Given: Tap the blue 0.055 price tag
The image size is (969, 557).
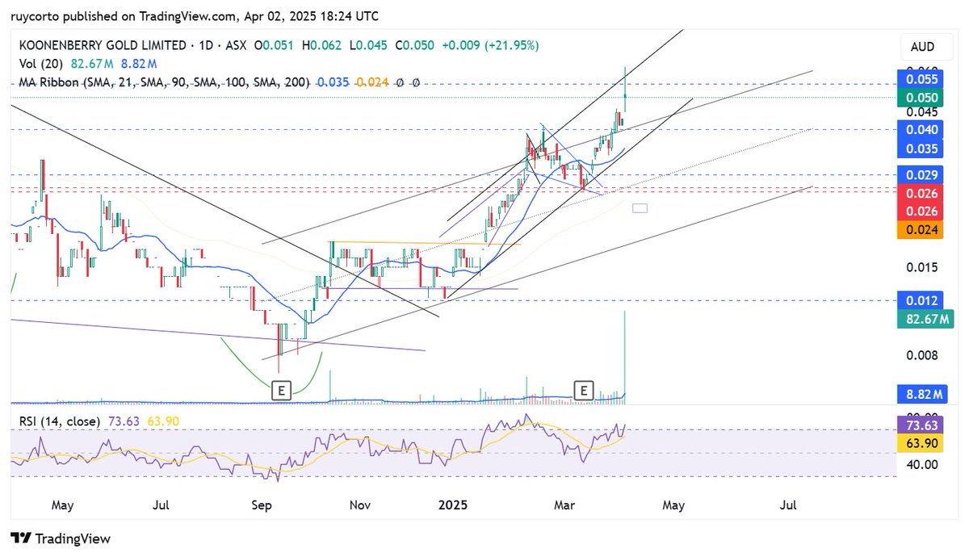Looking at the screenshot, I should click(x=922, y=79).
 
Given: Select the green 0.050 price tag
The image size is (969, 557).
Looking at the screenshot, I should click(x=922, y=97).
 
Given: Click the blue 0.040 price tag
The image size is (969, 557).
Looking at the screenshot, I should click(x=922, y=129).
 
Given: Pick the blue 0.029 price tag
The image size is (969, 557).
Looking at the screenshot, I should click(x=922, y=175).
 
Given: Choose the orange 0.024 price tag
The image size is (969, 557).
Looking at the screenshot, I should click(x=922, y=229).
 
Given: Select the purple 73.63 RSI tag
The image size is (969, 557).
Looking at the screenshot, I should click(x=922, y=425).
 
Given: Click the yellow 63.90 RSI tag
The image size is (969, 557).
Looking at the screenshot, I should click(x=922, y=443).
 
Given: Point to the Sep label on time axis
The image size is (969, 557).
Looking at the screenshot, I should click(x=262, y=505).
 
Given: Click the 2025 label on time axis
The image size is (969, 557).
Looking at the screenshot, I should click(x=453, y=505).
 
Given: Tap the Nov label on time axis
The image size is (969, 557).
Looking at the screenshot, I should click(x=360, y=505).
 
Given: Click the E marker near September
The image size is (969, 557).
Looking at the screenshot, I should click(x=281, y=391).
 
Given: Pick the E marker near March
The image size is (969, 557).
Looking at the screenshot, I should click(x=583, y=391).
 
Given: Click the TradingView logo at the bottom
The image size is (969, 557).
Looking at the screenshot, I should click(x=61, y=538).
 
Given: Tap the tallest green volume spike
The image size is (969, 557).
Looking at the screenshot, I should click(x=626, y=355).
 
